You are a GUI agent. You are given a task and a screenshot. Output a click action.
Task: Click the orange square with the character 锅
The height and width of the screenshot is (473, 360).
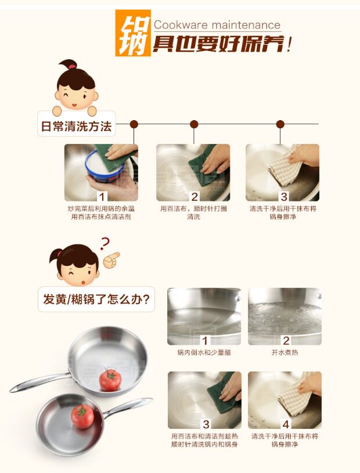[133, 33]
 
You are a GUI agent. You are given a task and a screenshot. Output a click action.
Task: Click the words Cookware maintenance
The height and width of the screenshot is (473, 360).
[217, 25]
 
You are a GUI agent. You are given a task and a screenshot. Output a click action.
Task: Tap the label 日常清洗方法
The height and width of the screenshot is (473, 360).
[76, 126]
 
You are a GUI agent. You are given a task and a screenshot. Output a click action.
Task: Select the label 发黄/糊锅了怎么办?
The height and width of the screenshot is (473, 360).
[96, 299]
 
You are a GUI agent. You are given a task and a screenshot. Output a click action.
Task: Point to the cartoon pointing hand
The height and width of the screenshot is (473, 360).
[111, 261]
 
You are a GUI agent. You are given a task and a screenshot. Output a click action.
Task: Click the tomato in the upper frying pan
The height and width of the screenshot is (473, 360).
[110, 380]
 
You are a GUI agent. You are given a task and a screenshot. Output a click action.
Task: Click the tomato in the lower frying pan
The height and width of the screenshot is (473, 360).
[82, 416]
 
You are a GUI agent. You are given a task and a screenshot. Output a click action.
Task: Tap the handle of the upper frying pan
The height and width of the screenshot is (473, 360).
[39, 382]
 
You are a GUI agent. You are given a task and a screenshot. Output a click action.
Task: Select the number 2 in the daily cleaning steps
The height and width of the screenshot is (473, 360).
[195, 197]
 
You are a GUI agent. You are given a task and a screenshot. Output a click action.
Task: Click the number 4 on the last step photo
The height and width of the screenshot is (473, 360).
[286, 424]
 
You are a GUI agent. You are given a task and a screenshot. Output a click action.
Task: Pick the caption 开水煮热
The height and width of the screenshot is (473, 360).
[285, 352]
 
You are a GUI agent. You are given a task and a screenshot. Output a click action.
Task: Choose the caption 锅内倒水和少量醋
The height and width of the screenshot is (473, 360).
[204, 352]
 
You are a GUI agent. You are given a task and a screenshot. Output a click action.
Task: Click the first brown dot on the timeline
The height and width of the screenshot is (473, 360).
[134, 124]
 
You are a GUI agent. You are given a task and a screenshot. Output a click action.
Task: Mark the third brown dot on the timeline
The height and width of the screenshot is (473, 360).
[280, 124]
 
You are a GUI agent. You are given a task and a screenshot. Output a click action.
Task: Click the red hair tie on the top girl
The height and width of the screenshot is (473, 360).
[72, 66]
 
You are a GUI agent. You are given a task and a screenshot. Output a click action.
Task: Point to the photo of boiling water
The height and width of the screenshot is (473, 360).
[285, 316]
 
